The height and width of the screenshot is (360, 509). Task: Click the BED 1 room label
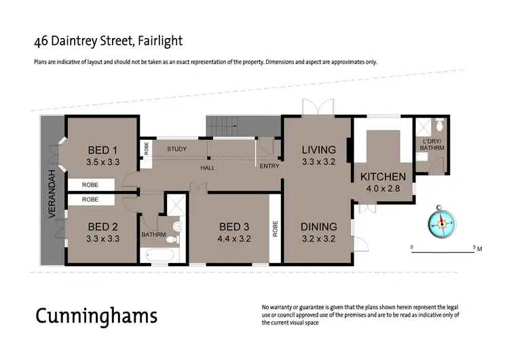[x=103, y=150]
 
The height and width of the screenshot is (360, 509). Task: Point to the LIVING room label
[x=318, y=150]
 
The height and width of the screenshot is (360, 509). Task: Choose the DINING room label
[x=318, y=226]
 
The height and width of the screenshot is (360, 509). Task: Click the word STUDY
[x=176, y=149]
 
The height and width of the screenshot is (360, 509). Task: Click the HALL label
[x=208, y=167]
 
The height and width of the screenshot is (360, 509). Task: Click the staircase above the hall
[x=224, y=126]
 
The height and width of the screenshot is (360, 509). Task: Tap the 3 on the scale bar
[x=473, y=245]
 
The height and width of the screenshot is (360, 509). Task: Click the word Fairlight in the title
[x=159, y=40]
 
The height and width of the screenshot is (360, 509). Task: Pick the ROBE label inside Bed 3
[x=275, y=229]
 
